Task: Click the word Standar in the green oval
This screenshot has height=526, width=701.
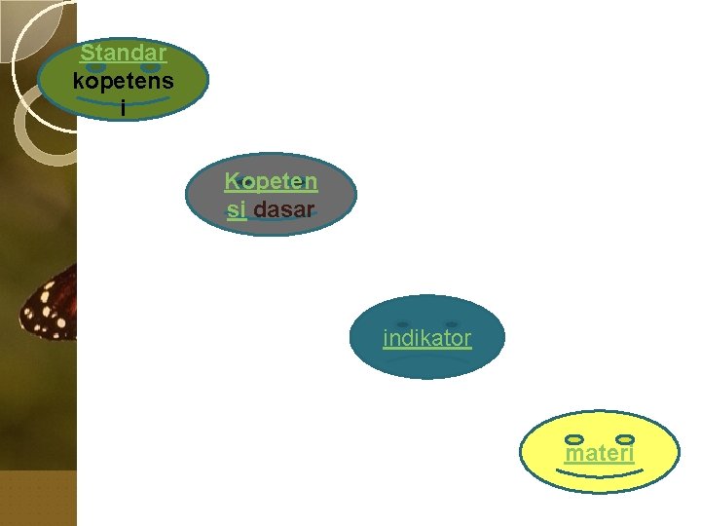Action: pyautogui.click(x=123, y=52)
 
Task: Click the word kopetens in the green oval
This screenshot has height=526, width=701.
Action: pyautogui.click(x=123, y=80)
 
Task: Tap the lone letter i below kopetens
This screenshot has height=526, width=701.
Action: pyautogui.click(x=123, y=108)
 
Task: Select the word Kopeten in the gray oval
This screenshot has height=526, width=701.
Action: pyautogui.click(x=271, y=181)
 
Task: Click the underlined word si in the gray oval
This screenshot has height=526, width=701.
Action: pyautogui.click(x=236, y=209)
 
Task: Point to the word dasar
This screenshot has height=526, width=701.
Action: pyautogui.click(x=283, y=209)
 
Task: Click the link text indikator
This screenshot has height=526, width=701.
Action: pyautogui.click(x=426, y=339)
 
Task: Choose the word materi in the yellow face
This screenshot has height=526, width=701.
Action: pyautogui.click(x=600, y=453)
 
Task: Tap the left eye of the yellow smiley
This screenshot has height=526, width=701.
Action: pyautogui.click(x=574, y=440)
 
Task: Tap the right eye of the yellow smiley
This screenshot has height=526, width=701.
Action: pyautogui.click(x=626, y=440)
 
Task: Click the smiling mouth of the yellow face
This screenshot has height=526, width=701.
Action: pyautogui.click(x=600, y=473)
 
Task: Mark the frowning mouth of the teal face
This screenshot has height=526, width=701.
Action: pyautogui.click(x=426, y=360)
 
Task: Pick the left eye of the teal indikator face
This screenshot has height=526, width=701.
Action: pyautogui.click(x=402, y=323)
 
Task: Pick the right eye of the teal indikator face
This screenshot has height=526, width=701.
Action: pyautogui.click(x=451, y=323)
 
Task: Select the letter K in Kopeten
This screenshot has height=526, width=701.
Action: pyautogui.click(x=232, y=181)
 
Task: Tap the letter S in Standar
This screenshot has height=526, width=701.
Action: pyautogui.click(x=87, y=52)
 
